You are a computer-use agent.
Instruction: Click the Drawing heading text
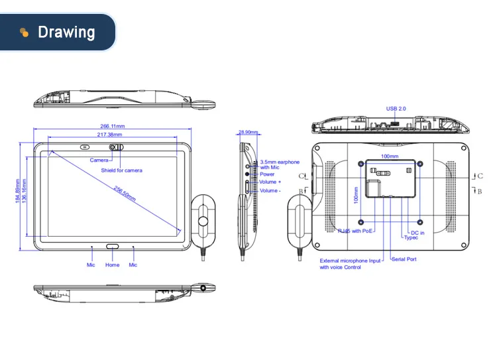click(66, 32)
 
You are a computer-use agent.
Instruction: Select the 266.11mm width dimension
click(113, 126)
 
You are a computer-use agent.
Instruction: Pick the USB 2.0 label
click(396, 109)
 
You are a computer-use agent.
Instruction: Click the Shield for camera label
click(121, 170)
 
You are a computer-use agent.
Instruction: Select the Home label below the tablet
click(113, 265)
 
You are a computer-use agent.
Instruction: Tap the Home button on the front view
click(113, 246)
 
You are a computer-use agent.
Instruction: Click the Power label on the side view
click(267, 174)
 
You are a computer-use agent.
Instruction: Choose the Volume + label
click(270, 182)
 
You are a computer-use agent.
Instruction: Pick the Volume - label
click(270, 191)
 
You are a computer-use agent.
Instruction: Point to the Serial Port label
click(404, 259)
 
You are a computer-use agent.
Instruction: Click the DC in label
click(417, 232)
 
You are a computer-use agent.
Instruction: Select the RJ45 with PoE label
click(356, 231)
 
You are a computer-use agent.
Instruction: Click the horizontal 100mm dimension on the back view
click(389, 157)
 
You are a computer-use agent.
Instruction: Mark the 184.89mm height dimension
click(19, 193)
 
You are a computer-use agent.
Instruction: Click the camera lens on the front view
click(113, 147)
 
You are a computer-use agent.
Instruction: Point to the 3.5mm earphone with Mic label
click(280, 165)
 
